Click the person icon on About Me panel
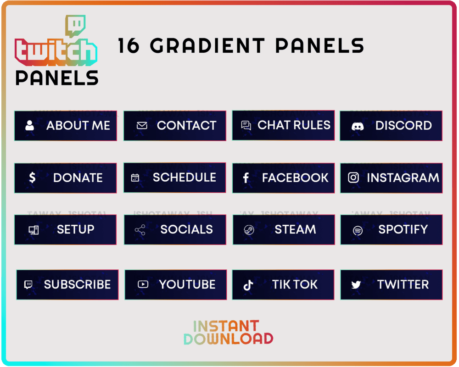(x=30, y=125)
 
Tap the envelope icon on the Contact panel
(x=142, y=125)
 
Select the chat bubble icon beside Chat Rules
(x=246, y=125)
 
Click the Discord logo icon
(x=358, y=126)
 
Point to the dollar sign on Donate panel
(x=32, y=178)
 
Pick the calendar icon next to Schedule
(x=135, y=178)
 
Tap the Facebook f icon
(x=246, y=178)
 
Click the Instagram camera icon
(x=353, y=178)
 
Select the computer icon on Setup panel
(x=34, y=230)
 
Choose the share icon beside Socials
(x=140, y=230)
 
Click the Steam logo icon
(x=249, y=230)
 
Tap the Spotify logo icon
(x=358, y=230)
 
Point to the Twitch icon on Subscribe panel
(x=28, y=285)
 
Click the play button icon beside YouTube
(x=143, y=284)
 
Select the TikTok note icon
(x=248, y=285)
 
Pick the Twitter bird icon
(x=356, y=285)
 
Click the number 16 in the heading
(x=129, y=45)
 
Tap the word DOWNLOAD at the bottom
(x=228, y=339)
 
